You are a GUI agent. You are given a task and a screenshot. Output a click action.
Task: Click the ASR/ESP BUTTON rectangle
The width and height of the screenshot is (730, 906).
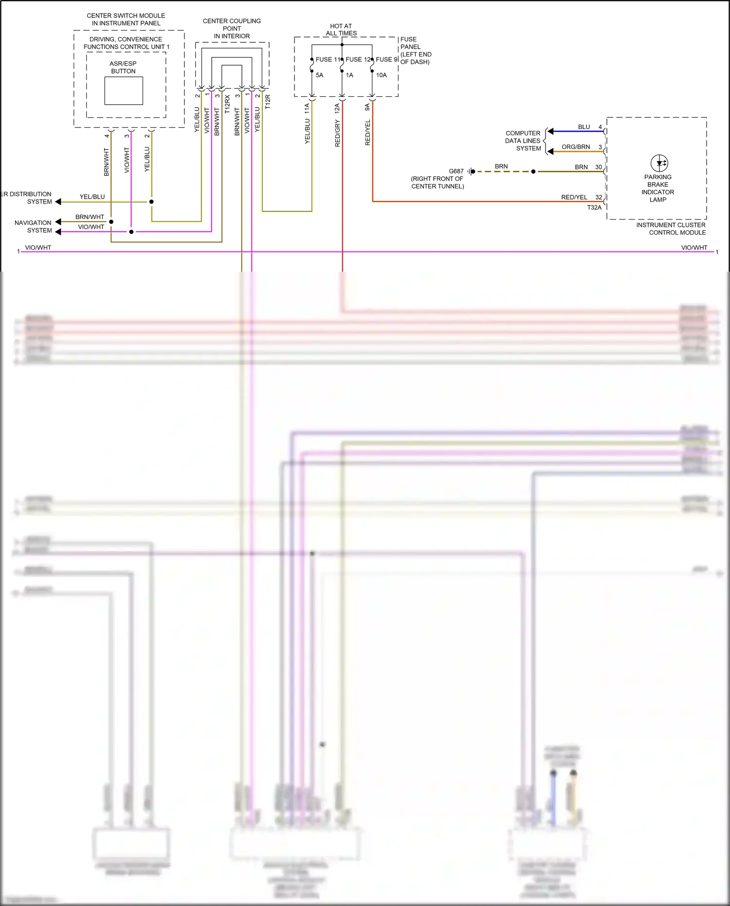(124, 91)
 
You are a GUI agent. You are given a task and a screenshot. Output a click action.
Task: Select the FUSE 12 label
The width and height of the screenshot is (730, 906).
(358, 59)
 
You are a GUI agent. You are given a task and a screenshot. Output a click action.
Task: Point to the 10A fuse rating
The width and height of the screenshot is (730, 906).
(381, 75)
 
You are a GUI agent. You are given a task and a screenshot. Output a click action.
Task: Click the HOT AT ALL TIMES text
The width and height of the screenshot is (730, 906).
(341, 30)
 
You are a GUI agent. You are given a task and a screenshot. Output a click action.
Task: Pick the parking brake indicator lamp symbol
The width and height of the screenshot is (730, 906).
(659, 163)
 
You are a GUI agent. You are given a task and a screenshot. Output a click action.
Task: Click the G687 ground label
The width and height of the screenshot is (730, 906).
(456, 171)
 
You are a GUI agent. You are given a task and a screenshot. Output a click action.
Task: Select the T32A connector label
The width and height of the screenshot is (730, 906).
(594, 207)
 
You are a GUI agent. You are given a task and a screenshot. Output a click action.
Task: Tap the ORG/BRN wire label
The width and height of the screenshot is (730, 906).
(576, 147)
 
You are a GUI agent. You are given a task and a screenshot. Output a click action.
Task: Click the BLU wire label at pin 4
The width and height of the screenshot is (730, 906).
(584, 127)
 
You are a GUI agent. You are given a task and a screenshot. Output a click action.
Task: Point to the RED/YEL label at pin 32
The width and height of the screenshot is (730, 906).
(574, 197)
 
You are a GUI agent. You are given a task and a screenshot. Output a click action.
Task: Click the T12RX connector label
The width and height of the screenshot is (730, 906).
(227, 105)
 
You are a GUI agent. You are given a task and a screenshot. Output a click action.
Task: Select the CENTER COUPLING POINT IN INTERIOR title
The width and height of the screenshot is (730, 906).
(232, 28)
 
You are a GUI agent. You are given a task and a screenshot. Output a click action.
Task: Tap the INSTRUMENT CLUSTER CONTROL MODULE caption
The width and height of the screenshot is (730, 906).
(671, 229)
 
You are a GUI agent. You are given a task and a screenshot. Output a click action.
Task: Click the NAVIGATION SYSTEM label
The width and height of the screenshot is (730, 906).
(33, 226)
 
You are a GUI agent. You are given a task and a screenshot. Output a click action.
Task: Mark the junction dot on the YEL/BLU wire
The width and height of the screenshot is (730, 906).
(151, 202)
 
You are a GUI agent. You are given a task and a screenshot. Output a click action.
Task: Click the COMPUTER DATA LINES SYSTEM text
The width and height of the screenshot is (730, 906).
(523, 141)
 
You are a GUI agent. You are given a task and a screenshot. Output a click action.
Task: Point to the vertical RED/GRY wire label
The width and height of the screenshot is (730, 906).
(338, 133)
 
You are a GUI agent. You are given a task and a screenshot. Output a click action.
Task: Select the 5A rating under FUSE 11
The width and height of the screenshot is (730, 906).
(319, 75)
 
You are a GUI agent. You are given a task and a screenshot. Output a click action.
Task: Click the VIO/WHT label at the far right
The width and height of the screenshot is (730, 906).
(693, 247)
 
